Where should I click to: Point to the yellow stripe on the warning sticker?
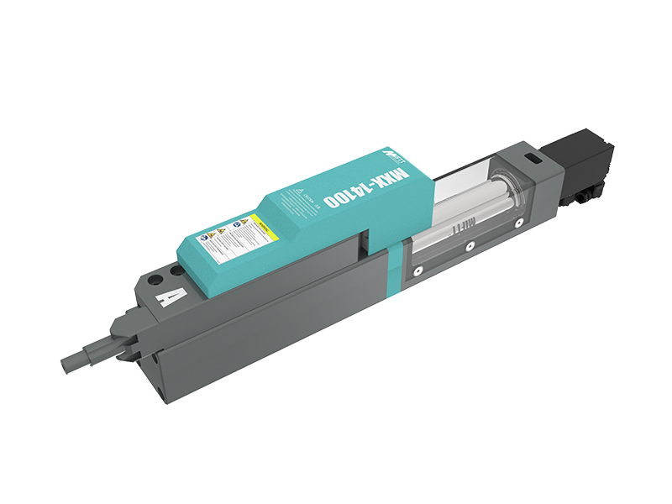click(x=261, y=224)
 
